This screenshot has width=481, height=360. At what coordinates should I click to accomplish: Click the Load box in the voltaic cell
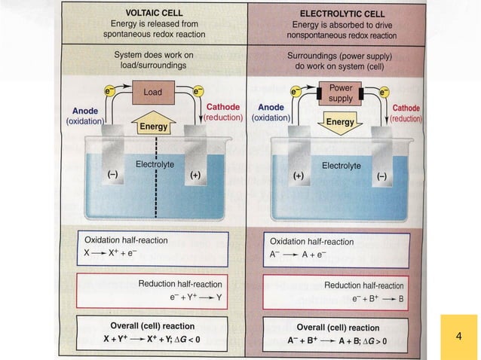click(x=153, y=93)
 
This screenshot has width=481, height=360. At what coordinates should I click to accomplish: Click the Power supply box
click(x=341, y=93)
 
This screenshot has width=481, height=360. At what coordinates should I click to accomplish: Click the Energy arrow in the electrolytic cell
click(x=341, y=121)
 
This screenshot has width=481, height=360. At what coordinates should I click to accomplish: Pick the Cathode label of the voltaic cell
click(x=222, y=108)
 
